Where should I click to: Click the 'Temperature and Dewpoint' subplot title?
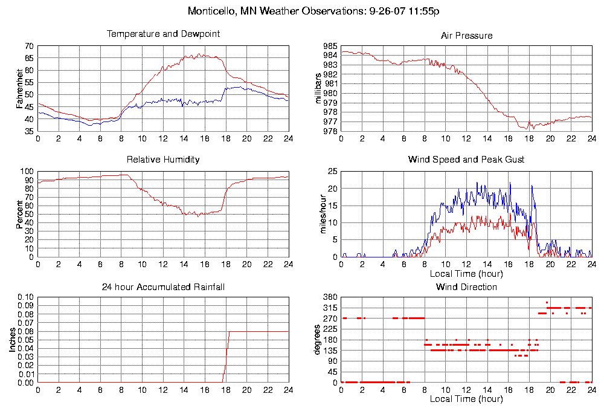[x=163, y=34]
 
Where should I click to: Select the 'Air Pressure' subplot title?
[x=466, y=36]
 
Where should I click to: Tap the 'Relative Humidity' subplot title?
[x=163, y=160]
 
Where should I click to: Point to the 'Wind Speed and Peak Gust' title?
[x=466, y=160]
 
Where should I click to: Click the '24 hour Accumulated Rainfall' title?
[x=163, y=286]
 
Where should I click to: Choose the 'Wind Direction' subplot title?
[x=466, y=286]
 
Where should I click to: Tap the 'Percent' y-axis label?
[x=20, y=214]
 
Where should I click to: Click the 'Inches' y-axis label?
[x=12, y=340]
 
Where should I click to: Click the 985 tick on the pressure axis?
[x=330, y=47]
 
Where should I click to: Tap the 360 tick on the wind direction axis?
[x=330, y=297]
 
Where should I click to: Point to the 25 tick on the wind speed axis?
[x=332, y=172]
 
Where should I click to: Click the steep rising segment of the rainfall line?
[x=226, y=357]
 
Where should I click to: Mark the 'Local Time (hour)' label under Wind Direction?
[x=466, y=399]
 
